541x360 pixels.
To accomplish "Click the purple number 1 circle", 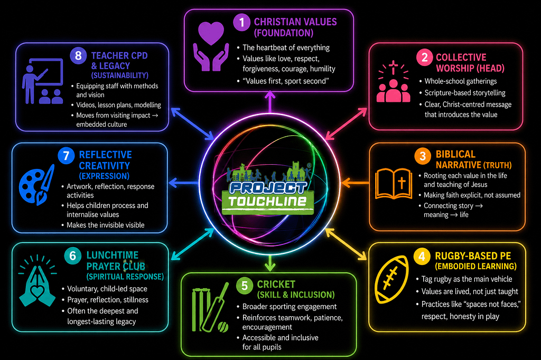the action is [x=241, y=22].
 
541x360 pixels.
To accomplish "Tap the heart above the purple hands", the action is [x=211, y=33].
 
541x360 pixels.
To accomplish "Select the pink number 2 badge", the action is [x=425, y=57].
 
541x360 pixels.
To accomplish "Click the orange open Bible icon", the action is [x=393, y=184].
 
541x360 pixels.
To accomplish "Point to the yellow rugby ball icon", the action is [x=391, y=279].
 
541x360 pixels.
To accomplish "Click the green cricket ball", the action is [x=223, y=327].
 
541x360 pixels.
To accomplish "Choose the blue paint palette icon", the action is [x=36, y=185].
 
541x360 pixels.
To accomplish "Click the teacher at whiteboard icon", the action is [x=43, y=81].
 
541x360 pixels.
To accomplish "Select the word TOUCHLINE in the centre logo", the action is [x=267, y=202].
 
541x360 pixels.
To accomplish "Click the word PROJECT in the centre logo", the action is [x=268, y=188].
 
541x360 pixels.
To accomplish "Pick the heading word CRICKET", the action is [x=276, y=285].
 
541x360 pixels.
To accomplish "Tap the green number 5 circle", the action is [x=245, y=286].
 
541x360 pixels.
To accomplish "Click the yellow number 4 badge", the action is [x=422, y=257].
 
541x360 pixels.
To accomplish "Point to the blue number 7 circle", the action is [x=66, y=156].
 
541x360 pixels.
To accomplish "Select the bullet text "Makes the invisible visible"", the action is [x=106, y=225].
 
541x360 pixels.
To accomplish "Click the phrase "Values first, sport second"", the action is [x=286, y=81].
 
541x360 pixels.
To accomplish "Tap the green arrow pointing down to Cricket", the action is [x=270, y=263].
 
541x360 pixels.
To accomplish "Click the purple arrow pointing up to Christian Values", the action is [x=270, y=102].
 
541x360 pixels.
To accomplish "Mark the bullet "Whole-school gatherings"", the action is [x=461, y=81].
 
